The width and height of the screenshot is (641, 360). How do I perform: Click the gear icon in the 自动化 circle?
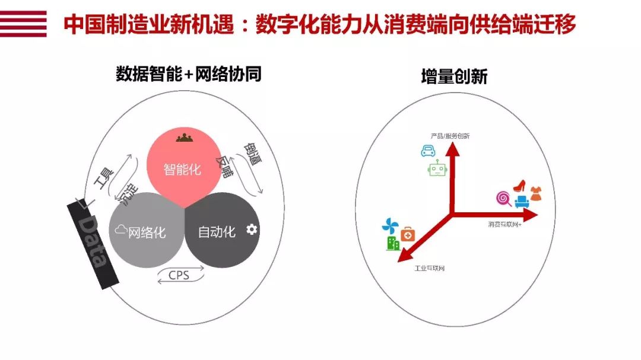[x=252, y=229]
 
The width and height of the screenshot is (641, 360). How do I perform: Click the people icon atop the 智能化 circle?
[x=184, y=138]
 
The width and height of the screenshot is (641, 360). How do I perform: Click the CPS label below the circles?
[x=179, y=275]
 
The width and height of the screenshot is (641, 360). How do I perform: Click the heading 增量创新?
[x=454, y=77]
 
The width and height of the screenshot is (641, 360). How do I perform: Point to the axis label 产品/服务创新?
[x=450, y=136]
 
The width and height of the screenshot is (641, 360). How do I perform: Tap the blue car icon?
[x=428, y=151]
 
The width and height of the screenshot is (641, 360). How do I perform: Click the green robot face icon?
[x=437, y=170]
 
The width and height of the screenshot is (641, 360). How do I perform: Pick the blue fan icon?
[x=391, y=226]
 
